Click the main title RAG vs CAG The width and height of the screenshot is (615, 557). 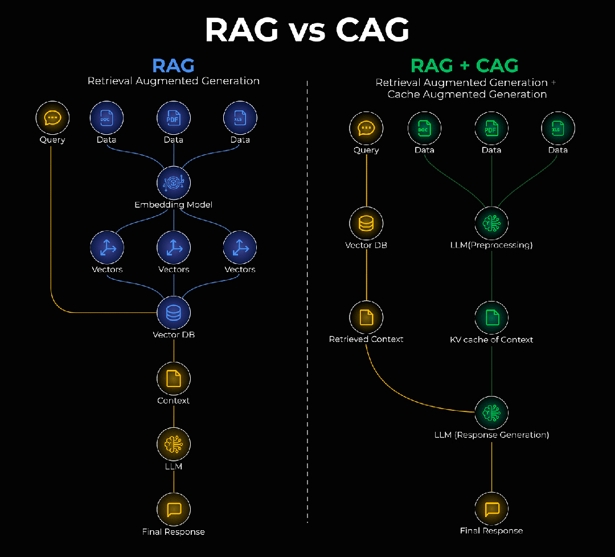point(307,30)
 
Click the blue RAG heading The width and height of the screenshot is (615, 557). point(174,65)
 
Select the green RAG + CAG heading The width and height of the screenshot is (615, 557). point(465,65)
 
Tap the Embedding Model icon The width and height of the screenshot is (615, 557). point(174,183)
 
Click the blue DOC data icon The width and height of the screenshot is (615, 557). point(106,118)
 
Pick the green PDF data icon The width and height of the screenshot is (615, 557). point(491,129)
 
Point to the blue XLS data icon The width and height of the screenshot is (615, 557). point(240,118)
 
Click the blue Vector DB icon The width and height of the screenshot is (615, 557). point(174,313)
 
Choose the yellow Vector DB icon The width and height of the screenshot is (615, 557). point(366,224)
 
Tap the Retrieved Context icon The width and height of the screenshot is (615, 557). point(366,318)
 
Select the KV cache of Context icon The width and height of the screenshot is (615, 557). point(491,318)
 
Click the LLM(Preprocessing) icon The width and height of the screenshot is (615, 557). point(491,224)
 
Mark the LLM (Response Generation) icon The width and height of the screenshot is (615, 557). point(491,413)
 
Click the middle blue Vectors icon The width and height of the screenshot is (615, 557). point(174,248)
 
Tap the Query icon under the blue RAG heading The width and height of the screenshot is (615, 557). point(52,118)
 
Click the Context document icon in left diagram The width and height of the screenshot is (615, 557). point(174,378)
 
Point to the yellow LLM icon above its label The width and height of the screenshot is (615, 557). point(174,444)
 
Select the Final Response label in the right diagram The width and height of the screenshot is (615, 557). point(491,531)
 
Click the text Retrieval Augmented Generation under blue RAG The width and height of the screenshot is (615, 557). point(174,81)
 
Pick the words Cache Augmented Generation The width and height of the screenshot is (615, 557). point(467,94)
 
